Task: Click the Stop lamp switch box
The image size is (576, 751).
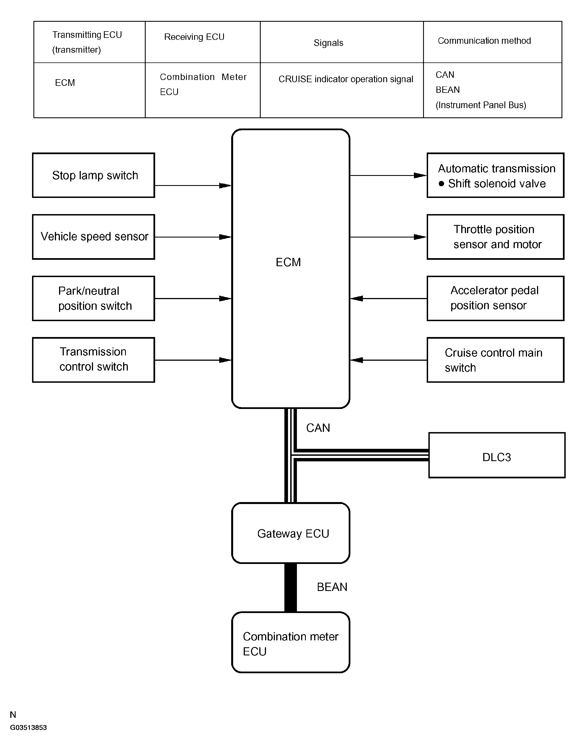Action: [94, 175]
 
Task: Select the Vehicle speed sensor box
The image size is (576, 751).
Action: [94, 237]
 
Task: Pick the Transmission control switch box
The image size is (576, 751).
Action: [94, 360]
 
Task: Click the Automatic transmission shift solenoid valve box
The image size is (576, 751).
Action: [496, 175]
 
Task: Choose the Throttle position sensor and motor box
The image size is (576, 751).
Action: [496, 237]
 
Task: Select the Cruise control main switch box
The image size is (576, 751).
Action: [496, 360]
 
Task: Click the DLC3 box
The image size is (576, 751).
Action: [497, 455]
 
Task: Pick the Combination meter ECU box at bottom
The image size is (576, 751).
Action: [291, 642]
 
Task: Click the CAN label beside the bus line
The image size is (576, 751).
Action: [318, 428]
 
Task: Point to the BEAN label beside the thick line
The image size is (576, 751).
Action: [332, 587]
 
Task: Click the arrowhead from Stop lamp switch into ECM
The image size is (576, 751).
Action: [225, 186]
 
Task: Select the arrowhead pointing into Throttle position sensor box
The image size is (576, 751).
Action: [420, 237]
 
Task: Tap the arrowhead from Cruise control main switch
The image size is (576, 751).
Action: [357, 360]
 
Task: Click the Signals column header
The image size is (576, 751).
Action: [328, 43]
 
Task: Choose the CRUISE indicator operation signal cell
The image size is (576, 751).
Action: [346, 79]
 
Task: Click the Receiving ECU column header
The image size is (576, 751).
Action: [194, 37]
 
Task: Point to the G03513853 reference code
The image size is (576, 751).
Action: [28, 728]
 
